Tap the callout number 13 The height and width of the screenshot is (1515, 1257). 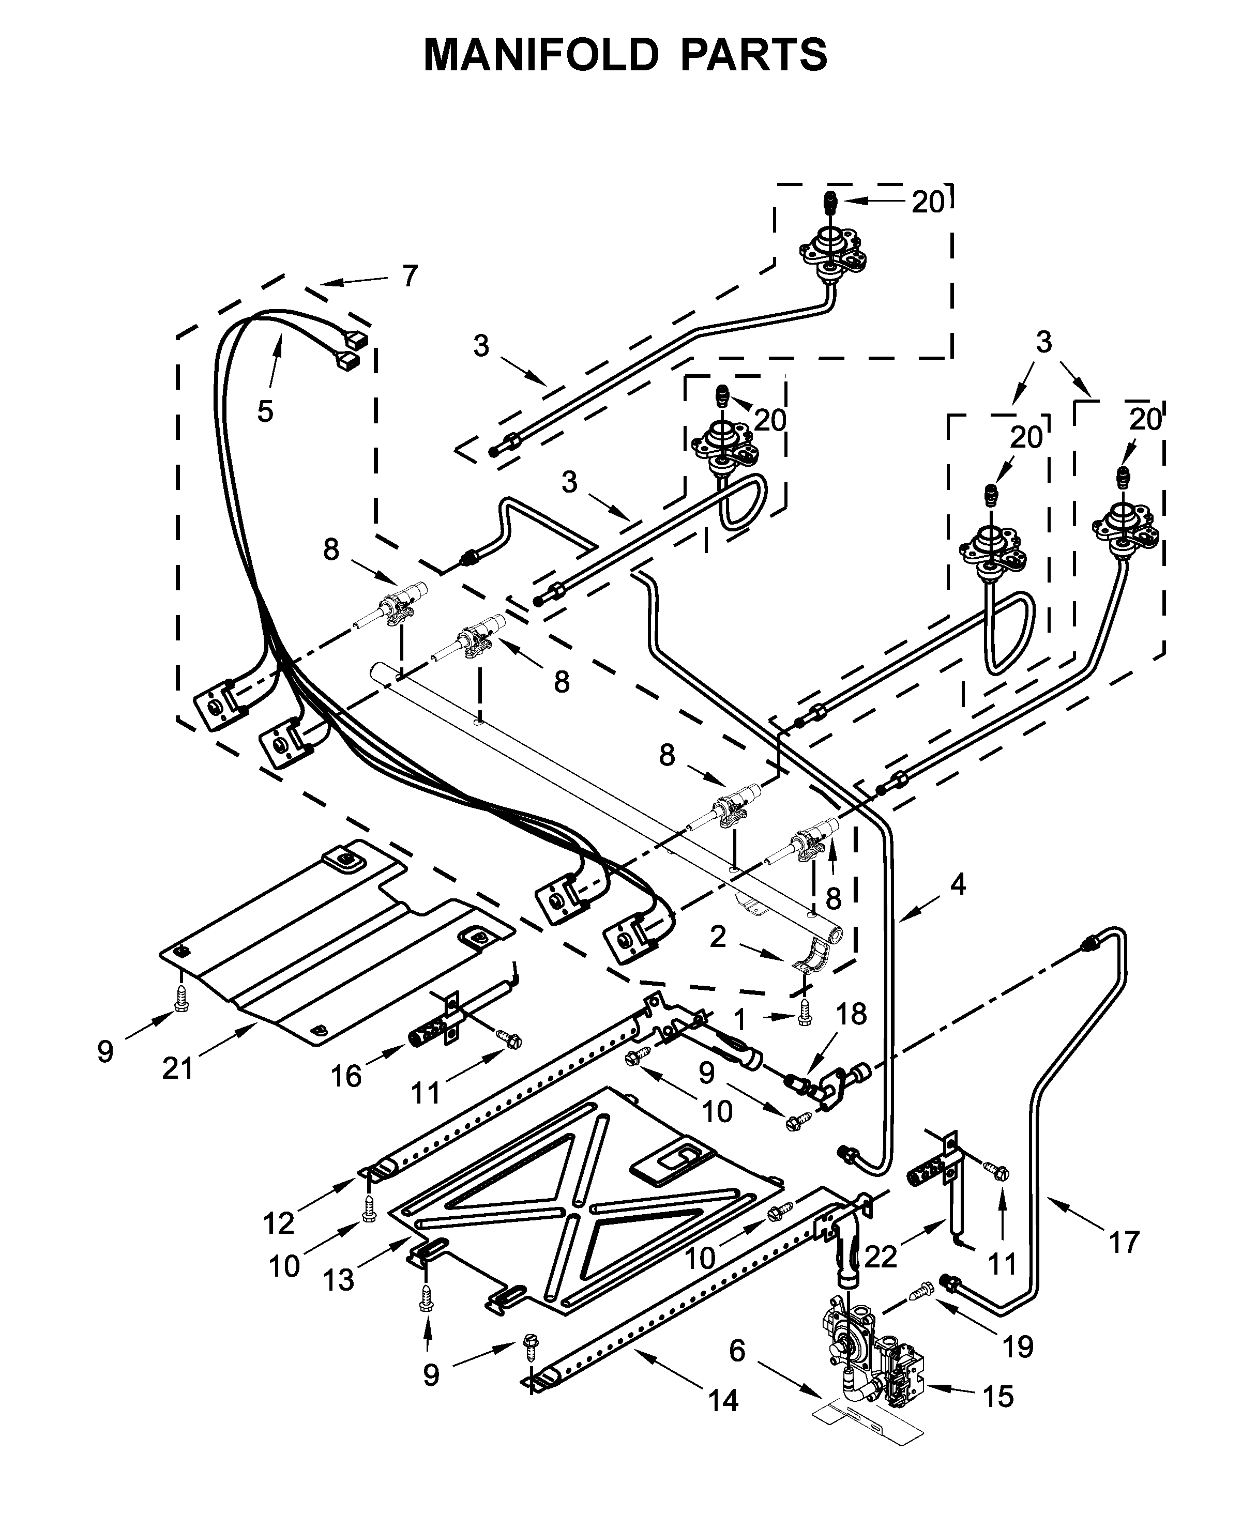coord(338,1280)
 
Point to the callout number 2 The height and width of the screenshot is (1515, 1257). coord(717,937)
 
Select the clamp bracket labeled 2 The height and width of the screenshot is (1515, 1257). coord(812,957)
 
